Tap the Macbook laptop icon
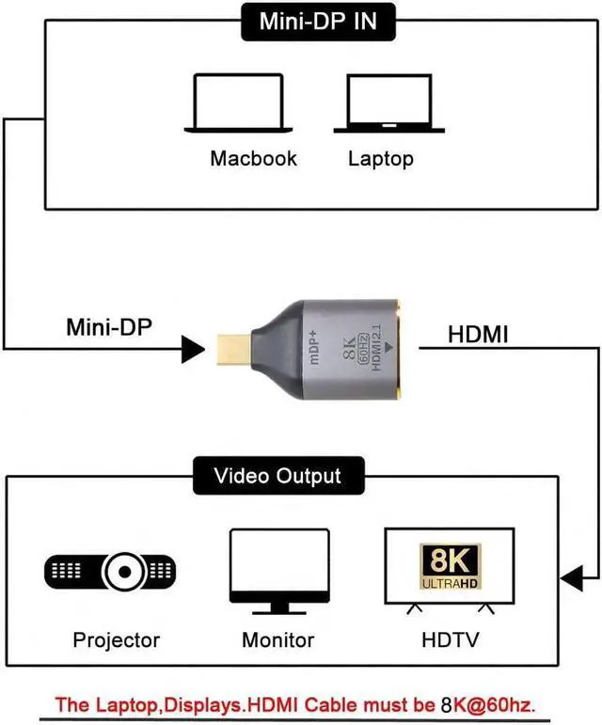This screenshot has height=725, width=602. [x=237, y=102]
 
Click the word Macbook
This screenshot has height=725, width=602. [x=253, y=157]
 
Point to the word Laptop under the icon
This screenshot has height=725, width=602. [x=380, y=157]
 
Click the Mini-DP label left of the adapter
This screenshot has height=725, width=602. [x=109, y=328]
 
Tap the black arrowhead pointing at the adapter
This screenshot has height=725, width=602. [x=192, y=350]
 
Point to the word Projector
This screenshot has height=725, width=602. [x=117, y=640]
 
